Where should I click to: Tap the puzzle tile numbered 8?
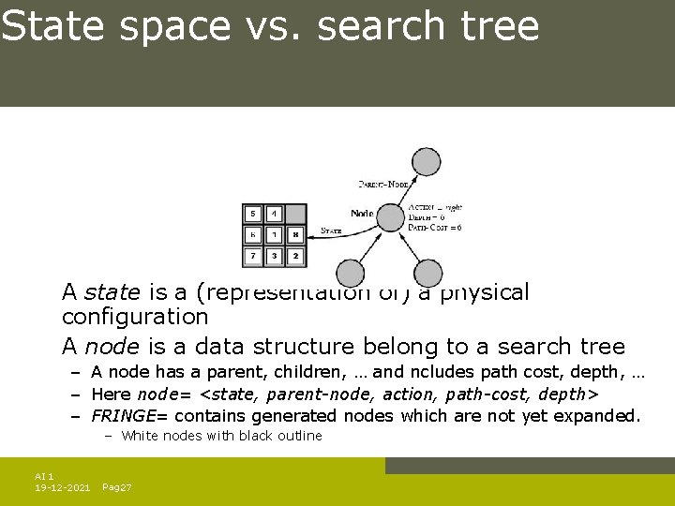click(x=295, y=234)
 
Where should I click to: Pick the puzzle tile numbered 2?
click(x=295, y=255)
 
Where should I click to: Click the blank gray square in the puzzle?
click(x=295, y=215)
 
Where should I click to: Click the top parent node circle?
click(x=427, y=162)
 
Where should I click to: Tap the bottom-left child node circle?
click(x=351, y=273)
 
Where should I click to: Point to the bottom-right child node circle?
click(x=427, y=273)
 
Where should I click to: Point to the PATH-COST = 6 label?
click(x=435, y=228)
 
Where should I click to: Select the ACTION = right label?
click(x=436, y=207)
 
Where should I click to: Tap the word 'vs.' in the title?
click(x=272, y=26)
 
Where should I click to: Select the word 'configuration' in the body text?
click(x=135, y=317)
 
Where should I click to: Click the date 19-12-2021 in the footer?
click(x=62, y=488)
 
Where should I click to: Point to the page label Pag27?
click(x=116, y=488)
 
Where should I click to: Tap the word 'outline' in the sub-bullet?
click(x=299, y=436)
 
